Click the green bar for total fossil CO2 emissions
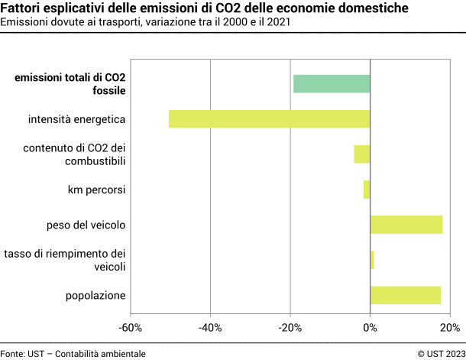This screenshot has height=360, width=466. [332, 83]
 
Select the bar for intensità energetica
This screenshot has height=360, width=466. [269, 119]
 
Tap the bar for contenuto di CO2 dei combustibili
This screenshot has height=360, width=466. [362, 154]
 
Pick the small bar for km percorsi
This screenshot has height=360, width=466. [367, 189]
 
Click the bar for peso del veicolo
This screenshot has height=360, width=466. [406, 224]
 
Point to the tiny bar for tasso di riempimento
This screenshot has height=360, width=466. [372, 260]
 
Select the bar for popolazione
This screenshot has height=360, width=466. [406, 295]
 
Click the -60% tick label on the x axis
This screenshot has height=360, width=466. [130, 328]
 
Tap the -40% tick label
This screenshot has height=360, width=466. [210, 328]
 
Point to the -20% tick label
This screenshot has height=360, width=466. [290, 328]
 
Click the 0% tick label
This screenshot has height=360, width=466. [370, 328]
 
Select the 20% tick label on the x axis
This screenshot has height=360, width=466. [450, 328]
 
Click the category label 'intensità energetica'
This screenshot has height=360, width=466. [76, 119]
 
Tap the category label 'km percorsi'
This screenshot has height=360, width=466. [96, 189]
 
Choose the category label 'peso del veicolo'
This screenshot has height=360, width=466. [86, 225]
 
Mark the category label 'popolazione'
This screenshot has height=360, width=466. [95, 296]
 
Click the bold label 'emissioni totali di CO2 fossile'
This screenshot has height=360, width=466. [70, 84]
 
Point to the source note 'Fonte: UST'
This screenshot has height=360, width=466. [23, 353]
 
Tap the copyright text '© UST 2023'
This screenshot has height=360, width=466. [440, 353]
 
